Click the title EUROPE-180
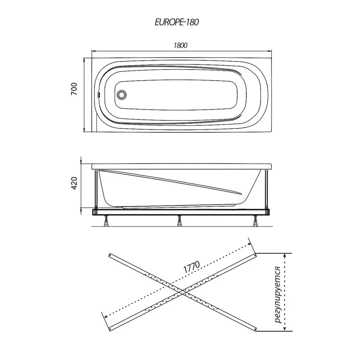click(x=177, y=22)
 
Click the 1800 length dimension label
click(x=180, y=45)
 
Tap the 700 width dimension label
click(x=74, y=89)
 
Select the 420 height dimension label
click(x=74, y=183)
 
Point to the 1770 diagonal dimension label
click(x=192, y=267)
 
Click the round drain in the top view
click(x=121, y=95)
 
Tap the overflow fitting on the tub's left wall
click(x=99, y=94)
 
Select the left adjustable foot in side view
click(x=106, y=221)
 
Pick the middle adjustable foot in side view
click(x=180, y=221)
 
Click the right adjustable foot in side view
click(x=255, y=221)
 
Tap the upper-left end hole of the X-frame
click(x=110, y=255)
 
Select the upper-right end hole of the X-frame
click(x=255, y=255)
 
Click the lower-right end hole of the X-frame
click(x=255, y=329)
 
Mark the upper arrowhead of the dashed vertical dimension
click(x=285, y=255)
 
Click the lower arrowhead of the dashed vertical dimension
click(x=285, y=329)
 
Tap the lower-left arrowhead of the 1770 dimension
click(x=106, y=316)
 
